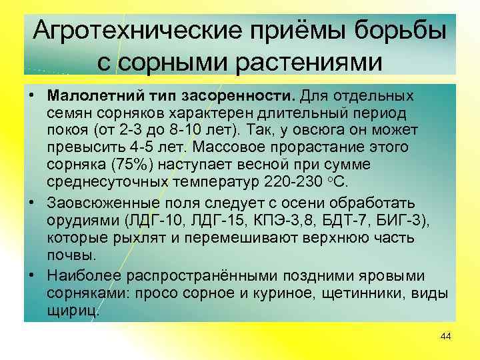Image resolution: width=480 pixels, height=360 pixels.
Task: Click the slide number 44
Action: pos(446,337)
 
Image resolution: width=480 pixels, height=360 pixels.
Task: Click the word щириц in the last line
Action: pos(72,311)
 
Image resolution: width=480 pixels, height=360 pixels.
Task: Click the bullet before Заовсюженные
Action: pos(32,203)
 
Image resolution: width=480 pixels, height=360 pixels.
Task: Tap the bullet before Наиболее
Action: pos(32,276)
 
